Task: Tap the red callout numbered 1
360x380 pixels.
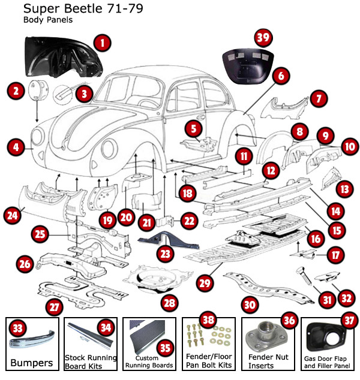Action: click(103, 43)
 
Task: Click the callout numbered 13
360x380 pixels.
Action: click(344, 189)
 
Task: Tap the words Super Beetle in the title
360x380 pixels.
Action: click(49, 10)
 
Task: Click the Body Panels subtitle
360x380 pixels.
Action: click(48, 20)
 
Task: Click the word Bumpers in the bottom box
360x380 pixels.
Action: click(32, 363)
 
